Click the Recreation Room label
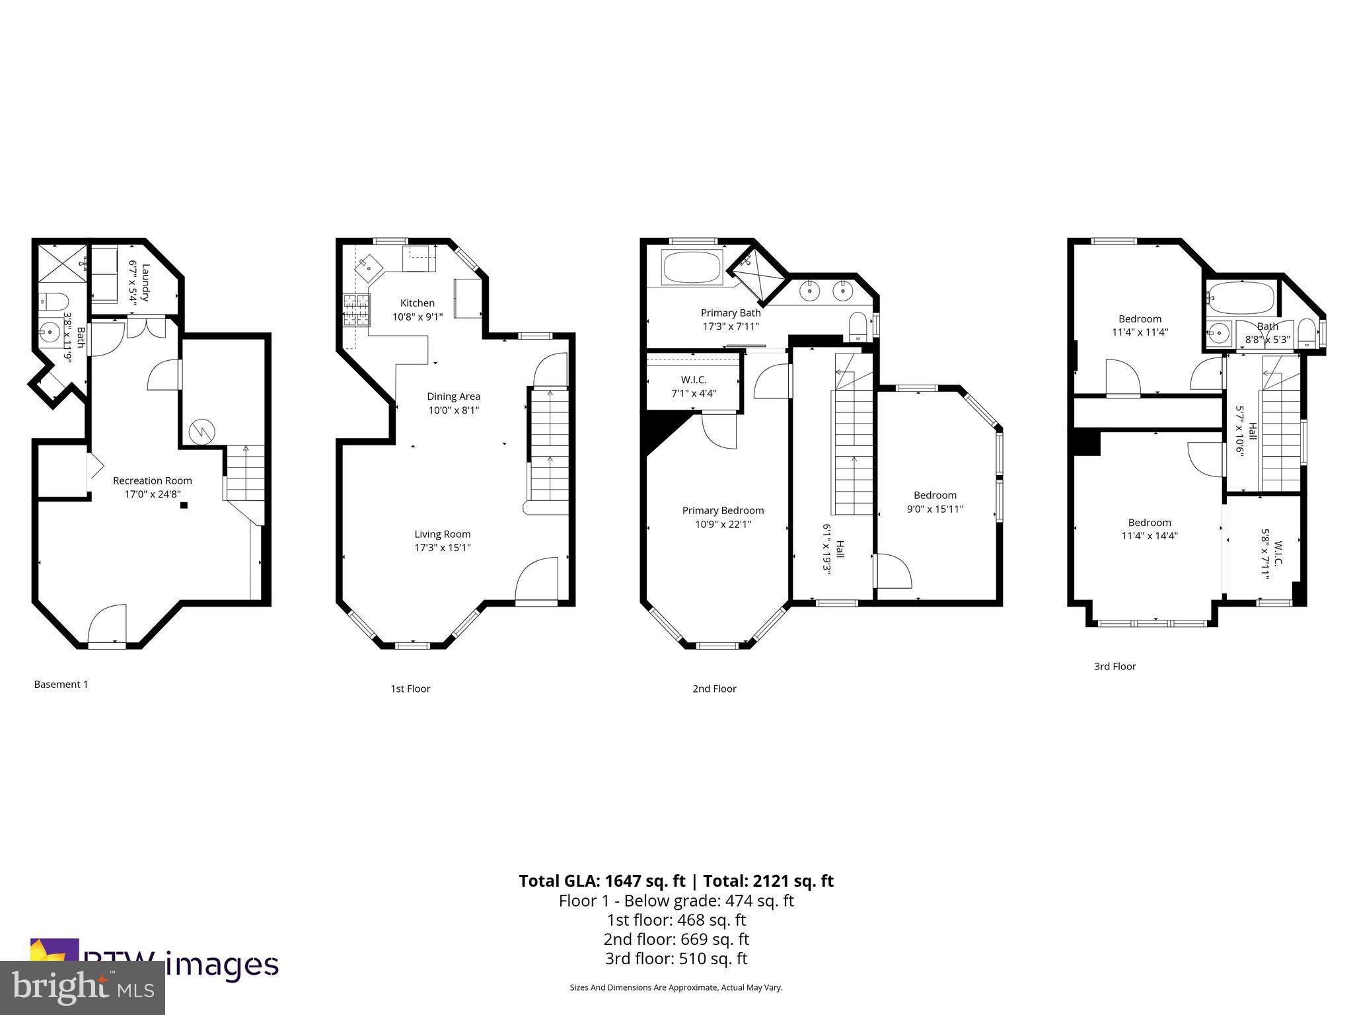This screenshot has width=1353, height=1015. coord(152,480)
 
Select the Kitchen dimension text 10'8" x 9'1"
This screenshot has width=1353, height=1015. coord(418,317)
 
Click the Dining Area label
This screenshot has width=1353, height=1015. coord(453,396)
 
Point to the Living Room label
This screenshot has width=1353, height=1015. coord(443,534)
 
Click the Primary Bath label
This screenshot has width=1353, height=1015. coord(731,313)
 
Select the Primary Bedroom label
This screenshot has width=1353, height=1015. coord(723,510)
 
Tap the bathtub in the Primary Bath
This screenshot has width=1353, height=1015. coord(692,268)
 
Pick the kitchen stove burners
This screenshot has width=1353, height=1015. coord(357,311)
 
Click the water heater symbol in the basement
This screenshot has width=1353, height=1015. coord(201,432)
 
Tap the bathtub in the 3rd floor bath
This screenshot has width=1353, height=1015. coord(1240,299)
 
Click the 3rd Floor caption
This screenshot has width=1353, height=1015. coord(1115,666)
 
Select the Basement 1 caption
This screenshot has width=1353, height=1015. coord(61,684)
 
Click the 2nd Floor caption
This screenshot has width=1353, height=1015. coord(714,689)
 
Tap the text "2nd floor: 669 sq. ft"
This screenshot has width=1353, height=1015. coord(676,939)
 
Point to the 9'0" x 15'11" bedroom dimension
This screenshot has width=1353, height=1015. coord(935,509)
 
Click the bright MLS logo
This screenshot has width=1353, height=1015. coord(83,987)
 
